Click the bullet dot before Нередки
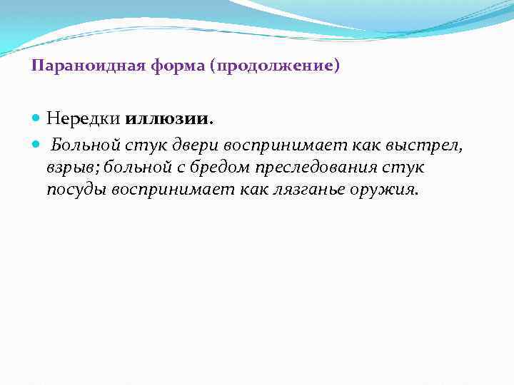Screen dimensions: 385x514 (37, 117)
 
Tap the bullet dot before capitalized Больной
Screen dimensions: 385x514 (37, 147)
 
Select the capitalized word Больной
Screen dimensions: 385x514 (84, 146)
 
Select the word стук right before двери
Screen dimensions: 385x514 (144, 146)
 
